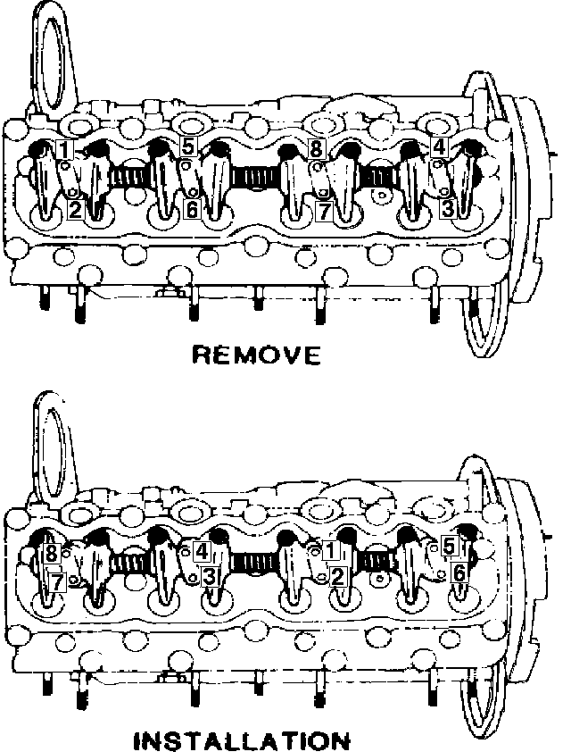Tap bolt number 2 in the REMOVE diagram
[75, 210]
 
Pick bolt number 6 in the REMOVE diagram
[191, 209]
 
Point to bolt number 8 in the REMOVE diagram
[317, 149]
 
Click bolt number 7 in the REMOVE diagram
[326, 210]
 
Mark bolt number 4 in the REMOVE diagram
[438, 146]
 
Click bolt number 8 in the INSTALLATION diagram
[53, 554]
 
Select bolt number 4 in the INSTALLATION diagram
[202, 551]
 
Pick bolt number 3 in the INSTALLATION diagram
[207, 578]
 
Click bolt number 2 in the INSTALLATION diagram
[336, 577]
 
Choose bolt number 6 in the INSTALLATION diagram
[458, 573]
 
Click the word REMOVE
[256, 356]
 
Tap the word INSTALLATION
[241, 740]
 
